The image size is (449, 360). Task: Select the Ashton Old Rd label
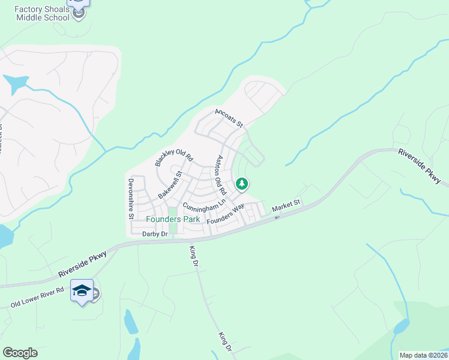pyautogui.click(x=220, y=175)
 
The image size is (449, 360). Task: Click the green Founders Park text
pyautogui.click(x=173, y=219)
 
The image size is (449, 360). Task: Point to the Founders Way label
pyautogui.click(x=225, y=214)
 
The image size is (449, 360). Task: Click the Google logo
pyautogui.click(x=20, y=352)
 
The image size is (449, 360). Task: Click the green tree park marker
pyautogui.click(x=242, y=184)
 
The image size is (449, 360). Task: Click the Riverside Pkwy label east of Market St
pyautogui.click(x=419, y=166)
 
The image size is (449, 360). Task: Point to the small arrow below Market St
pyautogui.click(x=277, y=217)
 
